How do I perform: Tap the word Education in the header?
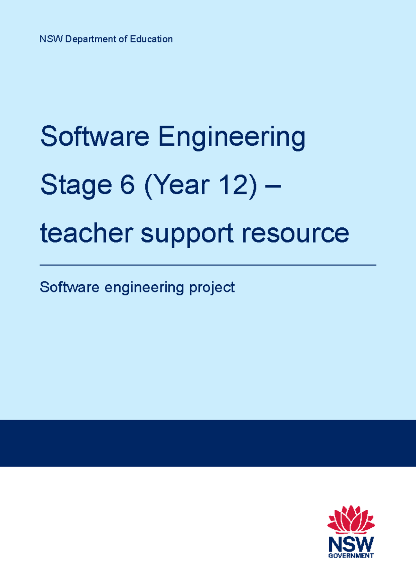coord(151,39)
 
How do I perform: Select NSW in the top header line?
coord(51,39)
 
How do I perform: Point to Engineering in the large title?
coord(232,138)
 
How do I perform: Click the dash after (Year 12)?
coord(272,187)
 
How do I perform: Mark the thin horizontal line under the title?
coord(208,265)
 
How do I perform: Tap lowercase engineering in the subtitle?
coord(144,288)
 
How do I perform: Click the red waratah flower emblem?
coord(351,520)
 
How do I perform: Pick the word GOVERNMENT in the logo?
coord(351,555)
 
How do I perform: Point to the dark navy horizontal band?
coord(208,443)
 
